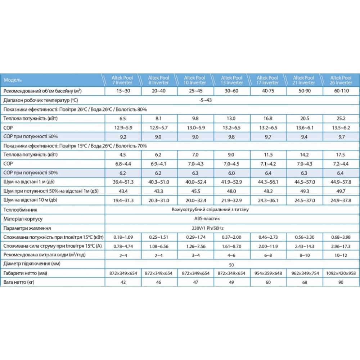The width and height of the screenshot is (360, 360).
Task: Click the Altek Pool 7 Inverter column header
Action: point(122,80)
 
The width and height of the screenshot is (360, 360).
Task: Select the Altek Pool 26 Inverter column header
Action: point(341,80)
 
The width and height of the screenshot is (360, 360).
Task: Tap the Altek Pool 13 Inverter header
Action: point(231,80)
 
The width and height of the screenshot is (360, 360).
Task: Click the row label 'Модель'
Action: point(13,80)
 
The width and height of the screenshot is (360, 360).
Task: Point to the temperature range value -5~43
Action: point(206,100)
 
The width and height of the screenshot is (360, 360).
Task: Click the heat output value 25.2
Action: point(341,118)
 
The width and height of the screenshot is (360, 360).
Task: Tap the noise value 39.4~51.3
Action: point(122,182)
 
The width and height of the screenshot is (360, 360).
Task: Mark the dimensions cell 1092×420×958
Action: point(341,273)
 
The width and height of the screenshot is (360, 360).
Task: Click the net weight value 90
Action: point(341,282)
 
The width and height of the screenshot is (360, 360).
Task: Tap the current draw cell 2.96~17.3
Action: point(341,246)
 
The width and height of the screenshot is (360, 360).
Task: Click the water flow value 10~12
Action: point(341,255)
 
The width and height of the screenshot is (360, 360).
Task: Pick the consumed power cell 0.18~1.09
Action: point(122,237)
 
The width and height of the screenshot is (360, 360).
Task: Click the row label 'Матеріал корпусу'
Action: point(23,219)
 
